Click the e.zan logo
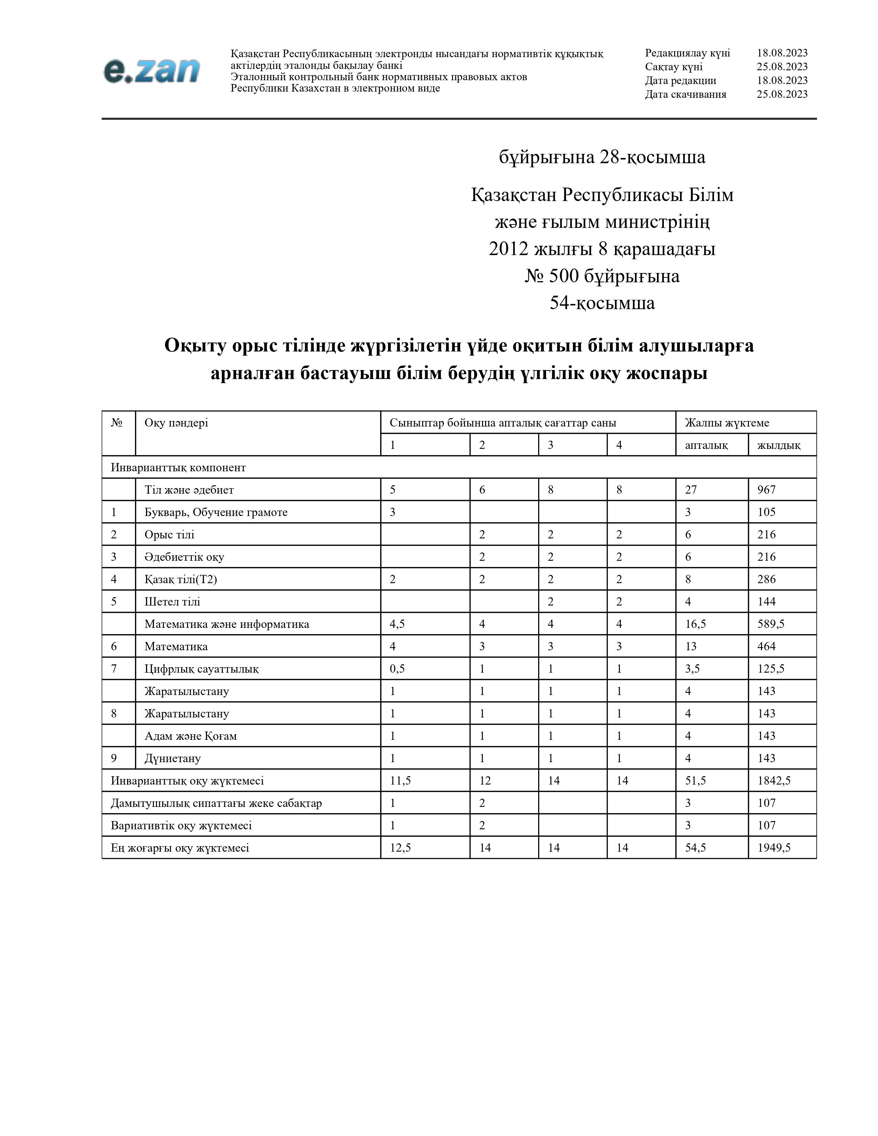pos(151,71)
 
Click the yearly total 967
pos(766,490)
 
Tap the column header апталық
pos(706,445)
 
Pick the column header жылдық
pos(778,445)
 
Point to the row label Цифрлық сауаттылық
pos(201,669)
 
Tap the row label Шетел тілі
pos(172,601)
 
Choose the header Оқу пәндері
pos(176,422)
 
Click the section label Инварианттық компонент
pos(178,467)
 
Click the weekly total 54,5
pos(696,847)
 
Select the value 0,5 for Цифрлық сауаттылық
pos(397,669)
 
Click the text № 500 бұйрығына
pos(602,276)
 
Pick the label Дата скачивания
pos(686,94)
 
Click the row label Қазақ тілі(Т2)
pos(180,579)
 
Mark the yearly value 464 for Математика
pos(766,646)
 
